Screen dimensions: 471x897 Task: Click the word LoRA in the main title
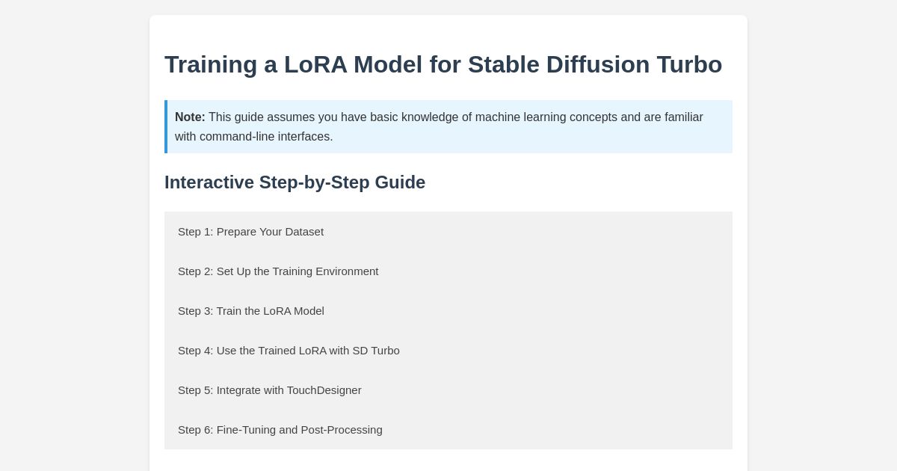point(315,65)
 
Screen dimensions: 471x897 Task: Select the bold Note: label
point(190,117)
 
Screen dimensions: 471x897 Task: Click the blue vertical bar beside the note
point(166,126)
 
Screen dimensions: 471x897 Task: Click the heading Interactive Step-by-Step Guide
point(295,182)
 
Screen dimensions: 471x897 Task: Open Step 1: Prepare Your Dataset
point(250,232)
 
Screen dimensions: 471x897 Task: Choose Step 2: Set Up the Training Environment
point(278,271)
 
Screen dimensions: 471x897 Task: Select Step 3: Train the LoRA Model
point(251,311)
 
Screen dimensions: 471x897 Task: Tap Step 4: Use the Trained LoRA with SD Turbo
point(289,351)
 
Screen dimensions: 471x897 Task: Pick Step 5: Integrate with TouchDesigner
point(270,390)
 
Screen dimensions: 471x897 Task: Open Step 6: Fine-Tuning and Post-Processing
point(280,430)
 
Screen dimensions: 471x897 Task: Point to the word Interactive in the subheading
point(209,182)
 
